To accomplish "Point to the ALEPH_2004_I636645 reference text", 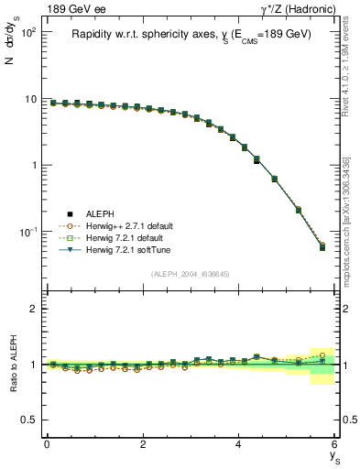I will (x=191, y=274).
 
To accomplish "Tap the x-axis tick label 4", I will (x=239, y=444).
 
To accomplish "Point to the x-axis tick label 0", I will (x=47, y=444).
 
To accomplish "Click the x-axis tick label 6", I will (x=334, y=444).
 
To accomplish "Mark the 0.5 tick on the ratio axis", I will (x=33, y=420).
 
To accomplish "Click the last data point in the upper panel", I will (x=322, y=246).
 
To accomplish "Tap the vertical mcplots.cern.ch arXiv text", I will (x=347, y=220).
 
